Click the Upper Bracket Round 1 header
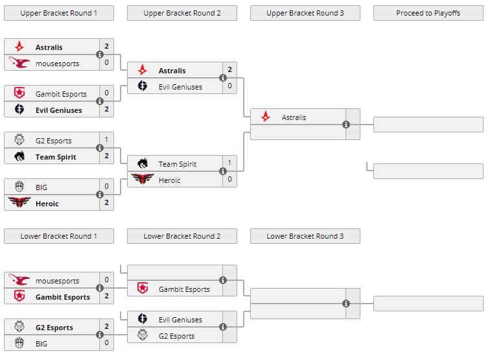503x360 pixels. (58, 13)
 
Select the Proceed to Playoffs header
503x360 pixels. (428, 13)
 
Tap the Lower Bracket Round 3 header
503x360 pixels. (305, 236)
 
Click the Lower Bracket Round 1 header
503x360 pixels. (58, 236)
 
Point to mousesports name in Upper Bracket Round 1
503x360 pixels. (58, 63)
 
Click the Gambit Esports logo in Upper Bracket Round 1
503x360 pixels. (19, 93)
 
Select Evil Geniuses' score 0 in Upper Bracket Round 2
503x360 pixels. (229, 86)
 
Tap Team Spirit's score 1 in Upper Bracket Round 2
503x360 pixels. (229, 163)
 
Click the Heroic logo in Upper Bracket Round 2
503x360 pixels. (143, 180)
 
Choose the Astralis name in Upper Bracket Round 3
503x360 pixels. (294, 117)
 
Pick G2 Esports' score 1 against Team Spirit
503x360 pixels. (107, 140)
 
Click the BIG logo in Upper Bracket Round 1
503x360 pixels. (19, 187)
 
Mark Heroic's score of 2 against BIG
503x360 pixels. (107, 203)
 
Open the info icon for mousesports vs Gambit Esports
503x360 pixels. (100, 288)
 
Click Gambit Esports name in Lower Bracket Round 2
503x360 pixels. (184, 289)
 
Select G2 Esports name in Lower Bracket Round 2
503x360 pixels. (176, 336)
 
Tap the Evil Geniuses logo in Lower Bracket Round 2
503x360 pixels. (143, 319)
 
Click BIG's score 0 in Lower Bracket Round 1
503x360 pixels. (107, 342)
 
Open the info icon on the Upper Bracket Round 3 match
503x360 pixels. (346, 125)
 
